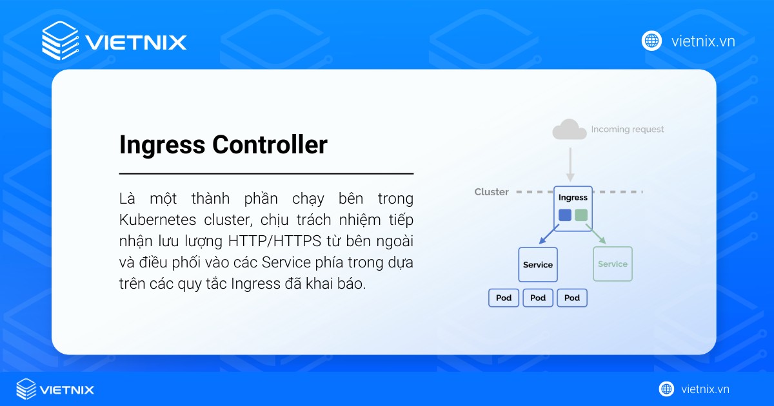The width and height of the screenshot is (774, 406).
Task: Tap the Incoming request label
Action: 628,130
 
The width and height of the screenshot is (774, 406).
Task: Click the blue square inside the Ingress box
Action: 565,215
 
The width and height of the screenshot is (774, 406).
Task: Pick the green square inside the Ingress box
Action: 581,215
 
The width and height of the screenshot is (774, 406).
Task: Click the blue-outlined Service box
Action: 538,264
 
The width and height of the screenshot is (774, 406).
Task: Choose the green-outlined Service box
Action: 612,264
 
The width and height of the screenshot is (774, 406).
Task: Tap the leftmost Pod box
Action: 504,298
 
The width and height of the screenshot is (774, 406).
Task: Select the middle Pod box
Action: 538,298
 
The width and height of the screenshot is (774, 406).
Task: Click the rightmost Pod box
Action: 572,298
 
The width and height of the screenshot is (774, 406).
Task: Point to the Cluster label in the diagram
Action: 491,192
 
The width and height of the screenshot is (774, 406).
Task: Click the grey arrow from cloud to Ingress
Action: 570,164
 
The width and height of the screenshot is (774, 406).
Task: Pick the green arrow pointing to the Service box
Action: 596,235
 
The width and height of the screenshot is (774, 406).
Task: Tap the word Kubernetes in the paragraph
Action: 162,220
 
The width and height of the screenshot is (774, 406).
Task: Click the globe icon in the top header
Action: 652,41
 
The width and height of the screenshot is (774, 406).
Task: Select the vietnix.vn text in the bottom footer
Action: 705,389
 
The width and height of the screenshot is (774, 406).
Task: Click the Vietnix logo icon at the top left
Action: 59,41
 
